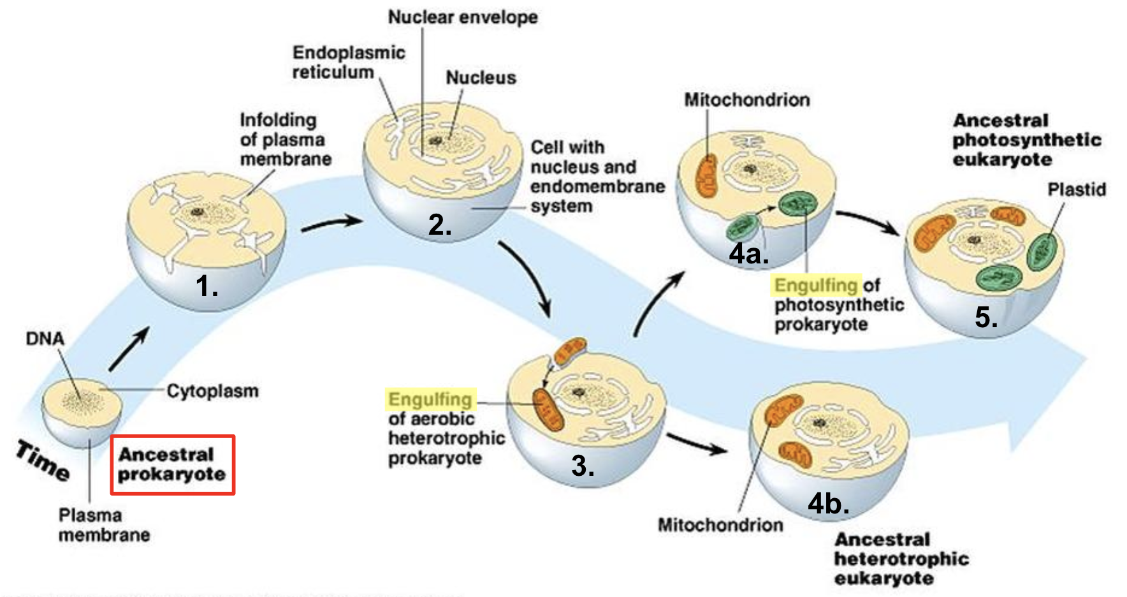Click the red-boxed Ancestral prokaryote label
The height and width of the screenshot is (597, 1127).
[x=172, y=464]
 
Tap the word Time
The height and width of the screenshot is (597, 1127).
[x=43, y=460]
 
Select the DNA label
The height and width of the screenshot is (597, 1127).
[x=45, y=339]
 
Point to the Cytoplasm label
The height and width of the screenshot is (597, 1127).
[x=213, y=391]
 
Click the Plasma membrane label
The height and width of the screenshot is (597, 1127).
[x=105, y=525]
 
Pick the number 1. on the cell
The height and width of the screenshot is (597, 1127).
[x=207, y=286]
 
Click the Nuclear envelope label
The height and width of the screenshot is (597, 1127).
[x=463, y=17]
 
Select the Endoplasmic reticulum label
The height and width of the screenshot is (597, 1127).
[x=349, y=62]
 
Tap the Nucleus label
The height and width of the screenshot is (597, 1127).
[x=481, y=78]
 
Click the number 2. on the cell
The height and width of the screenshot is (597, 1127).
[x=440, y=225]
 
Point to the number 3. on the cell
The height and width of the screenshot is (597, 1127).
[x=583, y=466]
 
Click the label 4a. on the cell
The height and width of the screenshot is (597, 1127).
[x=749, y=254]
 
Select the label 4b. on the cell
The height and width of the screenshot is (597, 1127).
[x=829, y=504]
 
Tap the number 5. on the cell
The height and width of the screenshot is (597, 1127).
[x=986, y=317]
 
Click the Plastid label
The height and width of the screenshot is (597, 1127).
[x=1077, y=189]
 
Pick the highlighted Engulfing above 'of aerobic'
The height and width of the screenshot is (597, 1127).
[x=430, y=400]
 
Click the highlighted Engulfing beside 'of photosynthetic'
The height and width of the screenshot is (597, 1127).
[x=817, y=285]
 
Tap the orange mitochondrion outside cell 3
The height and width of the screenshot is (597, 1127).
[x=569, y=351]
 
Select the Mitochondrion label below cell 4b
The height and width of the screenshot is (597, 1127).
[x=720, y=525]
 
